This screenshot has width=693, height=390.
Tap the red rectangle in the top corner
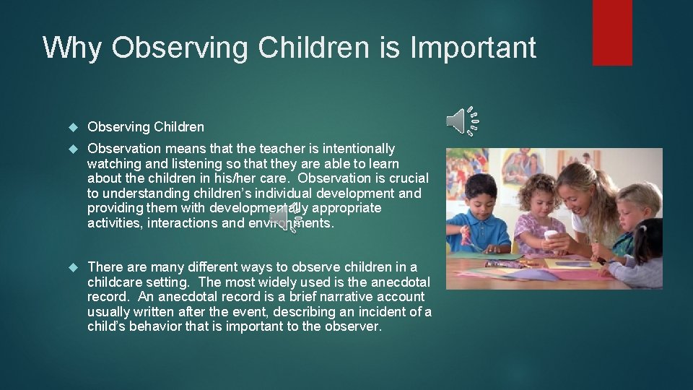pyautogui.click(x=612, y=32)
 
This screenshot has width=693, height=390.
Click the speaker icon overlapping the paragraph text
pyautogui.click(x=284, y=217)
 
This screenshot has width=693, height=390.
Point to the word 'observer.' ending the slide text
pyautogui.click(x=356, y=326)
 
